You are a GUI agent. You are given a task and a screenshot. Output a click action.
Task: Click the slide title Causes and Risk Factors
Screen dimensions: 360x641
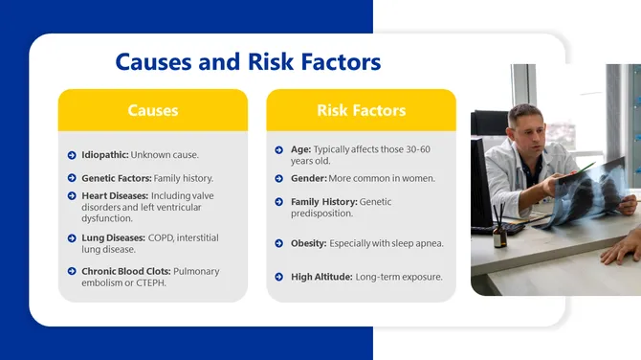248,63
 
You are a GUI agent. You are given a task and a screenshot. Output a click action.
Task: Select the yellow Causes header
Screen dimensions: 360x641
153,110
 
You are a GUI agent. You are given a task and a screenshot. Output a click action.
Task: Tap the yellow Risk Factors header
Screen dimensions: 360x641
361,110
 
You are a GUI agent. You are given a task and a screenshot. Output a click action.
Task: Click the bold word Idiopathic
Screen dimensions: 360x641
104,155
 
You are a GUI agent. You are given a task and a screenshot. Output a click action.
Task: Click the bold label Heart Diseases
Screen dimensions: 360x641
115,196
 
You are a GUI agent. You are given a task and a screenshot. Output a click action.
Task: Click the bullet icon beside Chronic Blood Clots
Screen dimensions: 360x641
72,272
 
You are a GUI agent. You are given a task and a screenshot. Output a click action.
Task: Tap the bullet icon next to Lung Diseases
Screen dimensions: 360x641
72,237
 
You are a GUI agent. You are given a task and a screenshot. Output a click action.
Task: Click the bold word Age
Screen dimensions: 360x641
300,150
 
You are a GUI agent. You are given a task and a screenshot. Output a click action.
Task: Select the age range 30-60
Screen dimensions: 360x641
417,150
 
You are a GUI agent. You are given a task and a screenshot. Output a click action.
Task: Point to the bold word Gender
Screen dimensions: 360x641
308,178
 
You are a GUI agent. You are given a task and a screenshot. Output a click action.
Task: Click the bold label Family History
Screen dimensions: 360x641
323,202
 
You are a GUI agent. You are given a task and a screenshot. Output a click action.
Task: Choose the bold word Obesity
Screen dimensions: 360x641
308,243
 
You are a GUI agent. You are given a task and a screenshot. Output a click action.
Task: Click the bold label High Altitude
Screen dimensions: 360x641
320,277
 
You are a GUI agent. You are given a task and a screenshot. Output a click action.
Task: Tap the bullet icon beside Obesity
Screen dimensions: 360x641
277,243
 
